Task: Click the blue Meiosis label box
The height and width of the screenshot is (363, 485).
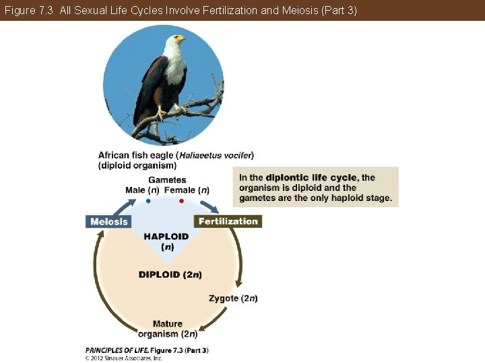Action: (x=108, y=221)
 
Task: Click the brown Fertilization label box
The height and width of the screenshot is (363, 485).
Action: (x=228, y=221)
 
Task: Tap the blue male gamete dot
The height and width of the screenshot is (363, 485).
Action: (x=148, y=201)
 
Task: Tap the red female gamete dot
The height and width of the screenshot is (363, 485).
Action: (x=181, y=201)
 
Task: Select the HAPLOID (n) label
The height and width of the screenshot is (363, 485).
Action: (x=166, y=241)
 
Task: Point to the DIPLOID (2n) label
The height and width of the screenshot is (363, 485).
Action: (x=170, y=274)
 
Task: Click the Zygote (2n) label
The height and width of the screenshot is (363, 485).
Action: (x=233, y=298)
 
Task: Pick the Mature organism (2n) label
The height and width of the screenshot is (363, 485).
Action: (x=168, y=329)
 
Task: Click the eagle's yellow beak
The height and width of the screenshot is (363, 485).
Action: (x=181, y=38)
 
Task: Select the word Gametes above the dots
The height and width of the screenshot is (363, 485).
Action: (x=167, y=180)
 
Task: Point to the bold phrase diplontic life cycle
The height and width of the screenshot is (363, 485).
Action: (x=311, y=177)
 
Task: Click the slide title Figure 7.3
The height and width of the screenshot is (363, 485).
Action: (x=29, y=10)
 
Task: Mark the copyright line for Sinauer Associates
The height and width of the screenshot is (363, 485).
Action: (x=124, y=358)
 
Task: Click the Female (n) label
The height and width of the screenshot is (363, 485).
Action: (x=187, y=190)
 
